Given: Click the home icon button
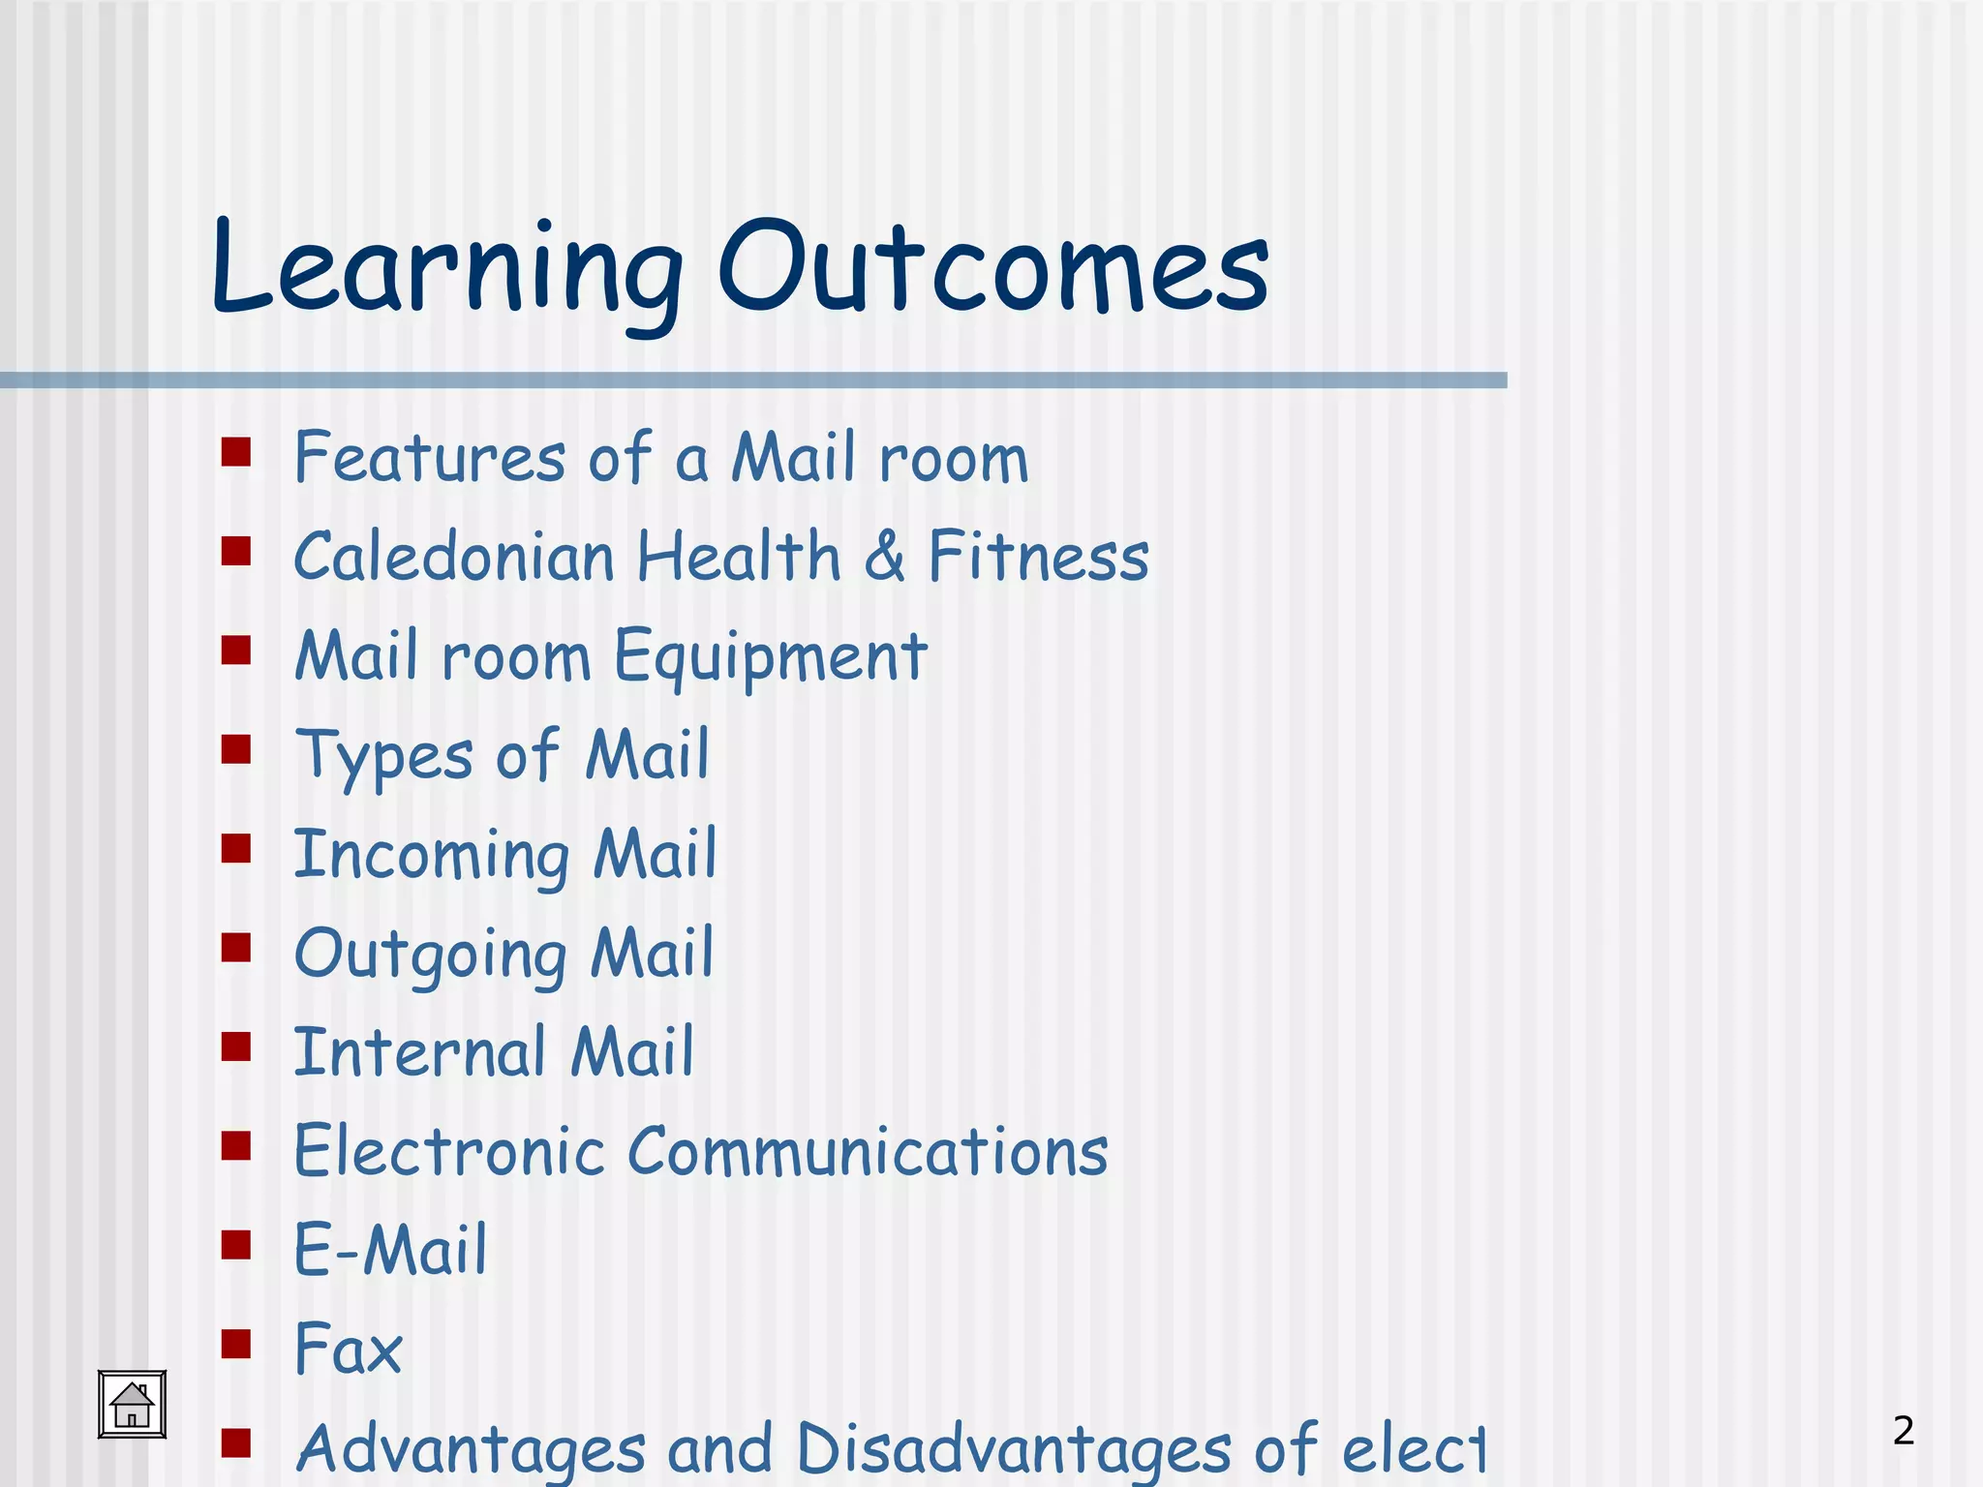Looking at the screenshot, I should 132,1404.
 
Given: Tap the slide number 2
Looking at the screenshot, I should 1903,1430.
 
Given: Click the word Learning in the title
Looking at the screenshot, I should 446,269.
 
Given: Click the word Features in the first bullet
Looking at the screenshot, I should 430,457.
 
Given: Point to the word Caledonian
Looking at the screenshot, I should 454,557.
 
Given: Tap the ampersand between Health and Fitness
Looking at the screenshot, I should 884,557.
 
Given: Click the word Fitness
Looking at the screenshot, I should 1038,557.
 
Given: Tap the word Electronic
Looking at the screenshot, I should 449,1152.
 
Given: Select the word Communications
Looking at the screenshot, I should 868,1152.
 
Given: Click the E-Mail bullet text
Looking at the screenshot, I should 390,1250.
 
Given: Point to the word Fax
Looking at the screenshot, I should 348,1349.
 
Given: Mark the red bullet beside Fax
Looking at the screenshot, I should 235,1344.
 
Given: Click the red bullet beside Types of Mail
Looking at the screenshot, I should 235,749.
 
